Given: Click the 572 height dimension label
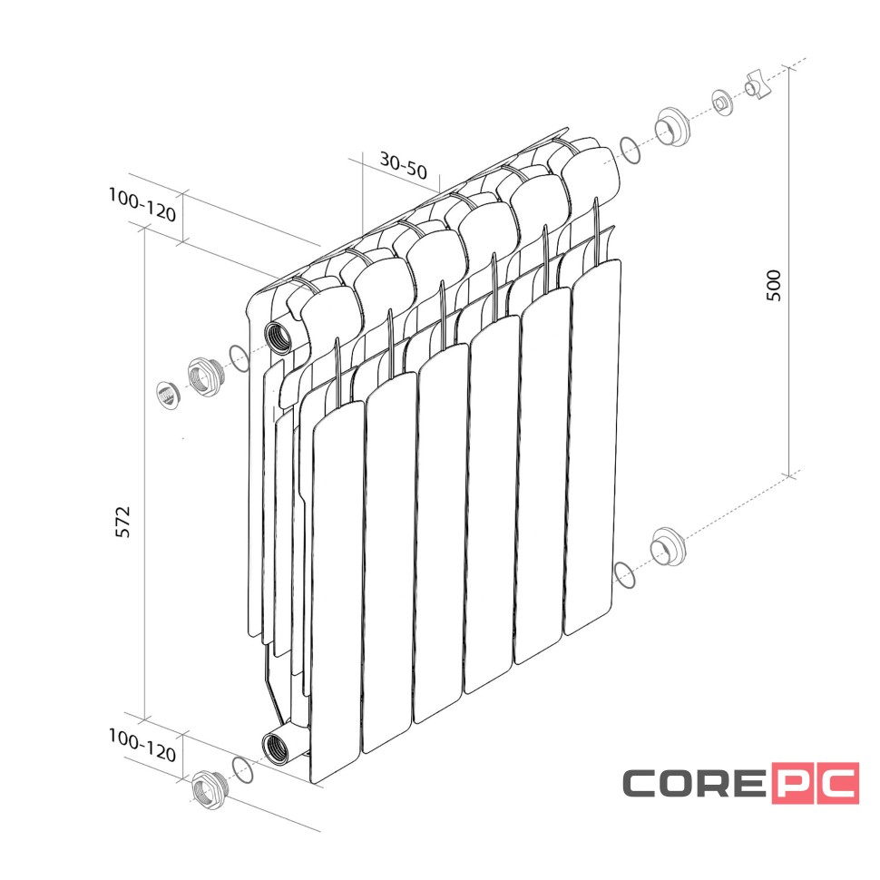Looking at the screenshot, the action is (122, 522).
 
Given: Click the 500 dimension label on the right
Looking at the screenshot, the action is (773, 285).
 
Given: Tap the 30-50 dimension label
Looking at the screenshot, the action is (404, 164).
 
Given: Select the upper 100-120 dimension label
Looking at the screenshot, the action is (142, 205).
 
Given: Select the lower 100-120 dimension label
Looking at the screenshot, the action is (142, 746).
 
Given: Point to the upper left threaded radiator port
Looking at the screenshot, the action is (279, 337).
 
